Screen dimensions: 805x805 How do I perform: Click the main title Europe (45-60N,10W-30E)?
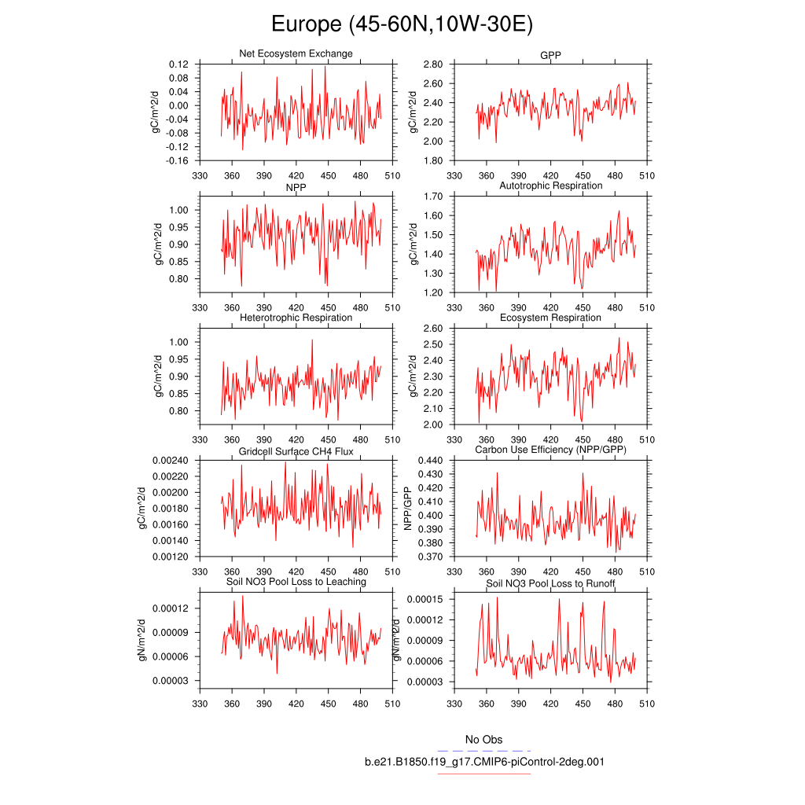(402, 24)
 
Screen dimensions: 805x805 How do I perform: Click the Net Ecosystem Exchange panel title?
(296, 53)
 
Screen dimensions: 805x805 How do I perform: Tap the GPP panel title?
(550, 54)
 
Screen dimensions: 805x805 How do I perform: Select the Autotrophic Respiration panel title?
(550, 186)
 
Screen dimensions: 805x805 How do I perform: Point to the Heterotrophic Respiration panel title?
(296, 318)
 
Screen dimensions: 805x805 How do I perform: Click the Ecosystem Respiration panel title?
(550, 318)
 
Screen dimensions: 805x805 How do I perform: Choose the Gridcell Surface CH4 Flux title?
(296, 451)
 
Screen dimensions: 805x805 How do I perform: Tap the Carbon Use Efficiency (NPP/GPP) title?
(550, 450)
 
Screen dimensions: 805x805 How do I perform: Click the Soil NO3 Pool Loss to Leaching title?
(296, 582)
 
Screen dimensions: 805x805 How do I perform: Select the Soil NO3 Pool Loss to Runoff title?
(550, 584)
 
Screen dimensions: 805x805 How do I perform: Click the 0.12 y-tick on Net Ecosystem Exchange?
(178, 64)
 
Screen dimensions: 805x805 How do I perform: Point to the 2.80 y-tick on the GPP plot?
(433, 64)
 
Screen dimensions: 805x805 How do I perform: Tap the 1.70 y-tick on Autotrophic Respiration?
(433, 197)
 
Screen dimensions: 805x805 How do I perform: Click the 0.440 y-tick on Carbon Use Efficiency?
(431, 461)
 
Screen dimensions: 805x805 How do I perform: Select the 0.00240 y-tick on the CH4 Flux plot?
(171, 461)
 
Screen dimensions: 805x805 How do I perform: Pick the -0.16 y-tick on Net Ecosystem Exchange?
(177, 161)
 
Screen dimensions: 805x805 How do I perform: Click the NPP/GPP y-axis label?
(408, 509)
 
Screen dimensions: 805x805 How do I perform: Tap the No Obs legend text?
(483, 740)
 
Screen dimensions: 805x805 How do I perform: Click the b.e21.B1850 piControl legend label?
(484, 762)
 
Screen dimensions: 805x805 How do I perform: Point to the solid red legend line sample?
(484, 774)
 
